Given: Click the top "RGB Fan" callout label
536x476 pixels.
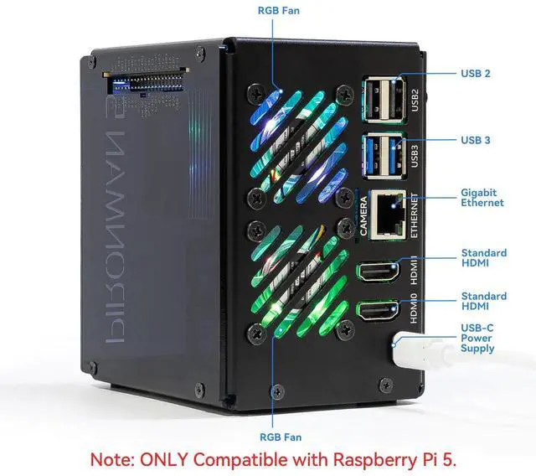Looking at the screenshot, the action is pos(277,11).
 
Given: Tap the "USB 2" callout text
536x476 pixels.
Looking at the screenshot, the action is pos(476,74).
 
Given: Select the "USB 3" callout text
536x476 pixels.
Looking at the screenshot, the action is pos(476,140).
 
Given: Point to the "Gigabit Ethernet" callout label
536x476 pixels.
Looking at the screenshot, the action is pos(482,198).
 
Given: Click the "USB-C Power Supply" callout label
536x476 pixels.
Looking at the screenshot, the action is pos(477,338).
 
